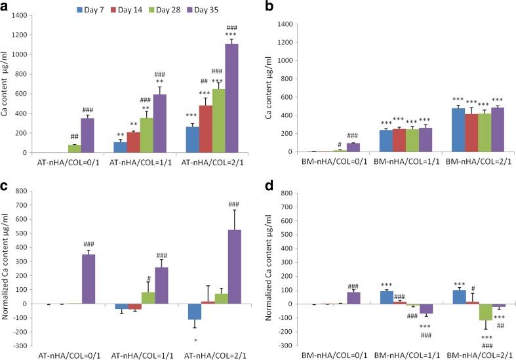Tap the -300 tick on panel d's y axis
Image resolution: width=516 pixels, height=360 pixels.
point(293,346)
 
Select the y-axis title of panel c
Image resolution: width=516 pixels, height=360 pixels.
point(7,268)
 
